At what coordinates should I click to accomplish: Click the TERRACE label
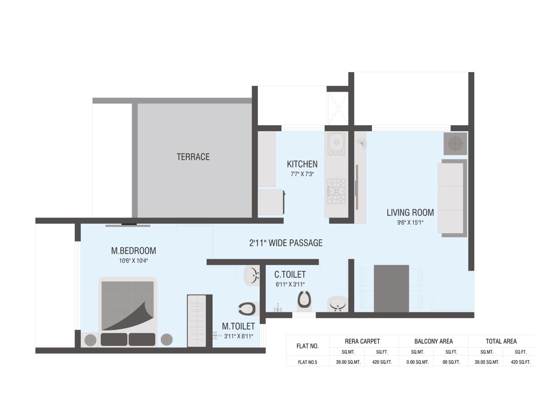click(193, 157)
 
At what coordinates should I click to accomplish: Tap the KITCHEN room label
click(302, 164)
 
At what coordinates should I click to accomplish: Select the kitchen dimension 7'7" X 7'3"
click(302, 174)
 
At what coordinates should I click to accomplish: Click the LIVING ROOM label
click(410, 212)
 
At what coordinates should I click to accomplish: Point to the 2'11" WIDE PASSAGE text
click(286, 243)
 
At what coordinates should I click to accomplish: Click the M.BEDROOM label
click(134, 251)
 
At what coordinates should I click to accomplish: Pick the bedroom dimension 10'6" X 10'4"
click(134, 261)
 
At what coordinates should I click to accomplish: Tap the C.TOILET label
click(290, 275)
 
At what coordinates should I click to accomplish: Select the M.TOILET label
click(238, 326)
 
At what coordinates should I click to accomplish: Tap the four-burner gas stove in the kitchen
click(336, 191)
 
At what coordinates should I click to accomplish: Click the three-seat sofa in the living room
click(451, 198)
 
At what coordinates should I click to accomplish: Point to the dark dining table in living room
click(391, 288)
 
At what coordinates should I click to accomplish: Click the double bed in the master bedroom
click(128, 311)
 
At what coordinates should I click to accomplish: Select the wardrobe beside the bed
click(197, 320)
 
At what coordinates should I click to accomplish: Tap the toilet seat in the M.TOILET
click(247, 309)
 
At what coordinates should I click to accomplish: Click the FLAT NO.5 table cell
click(307, 362)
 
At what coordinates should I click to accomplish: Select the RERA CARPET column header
click(361, 341)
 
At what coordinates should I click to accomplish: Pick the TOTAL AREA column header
click(501, 341)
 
